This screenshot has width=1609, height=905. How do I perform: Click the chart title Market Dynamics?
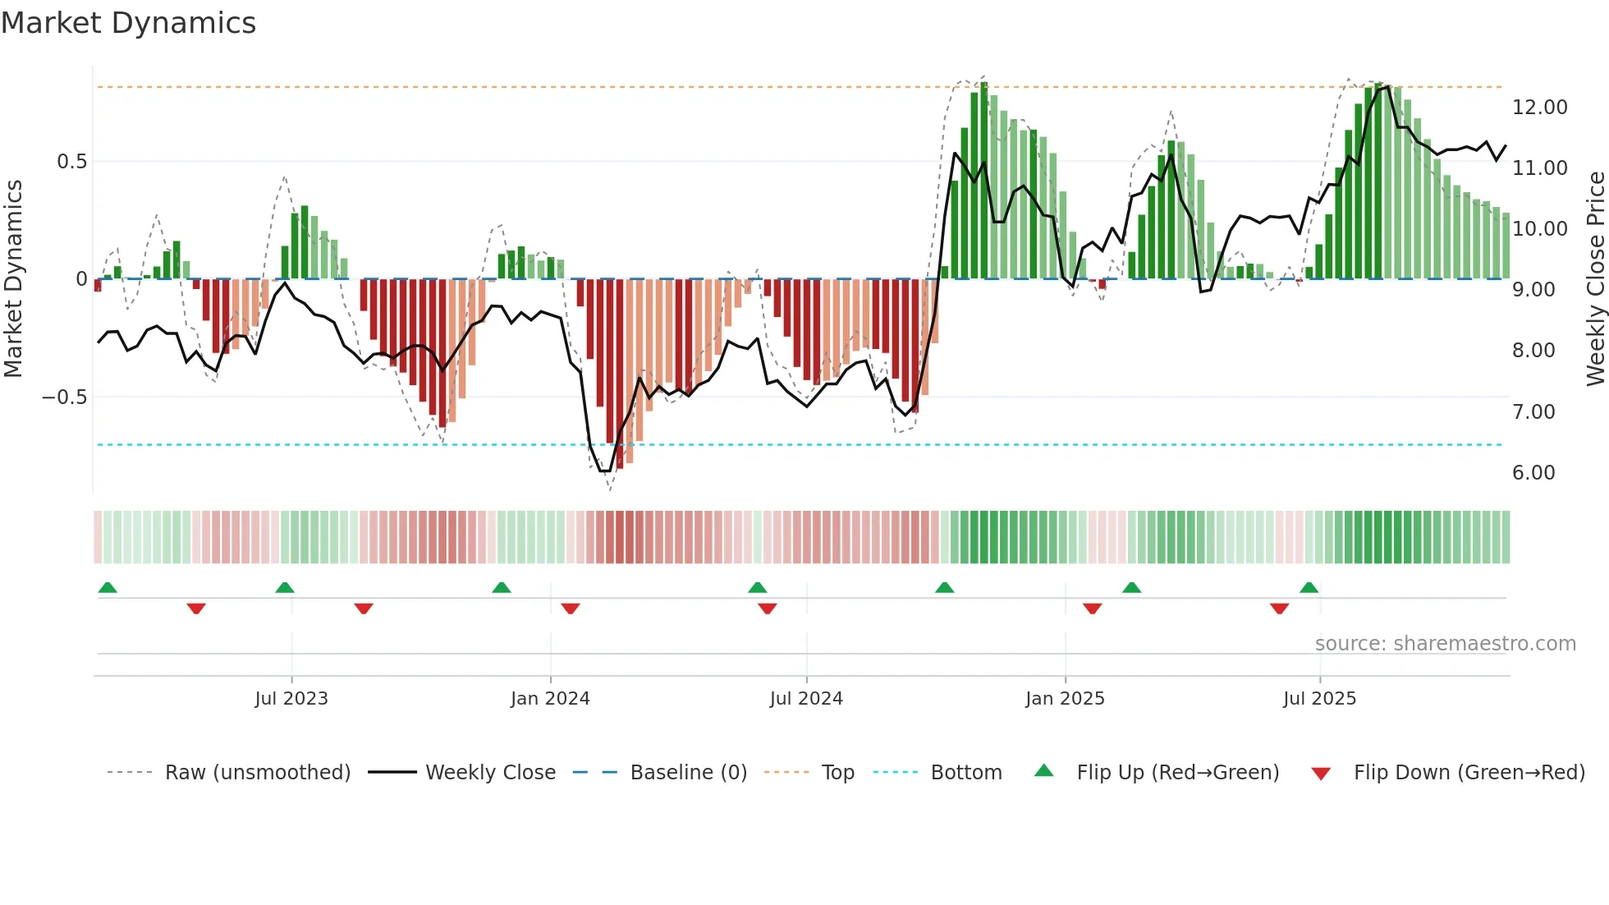(128, 23)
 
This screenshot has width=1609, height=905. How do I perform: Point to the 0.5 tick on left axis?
(71, 162)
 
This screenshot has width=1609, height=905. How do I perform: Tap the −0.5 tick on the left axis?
(64, 397)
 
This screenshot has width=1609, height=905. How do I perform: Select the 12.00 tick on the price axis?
(1539, 108)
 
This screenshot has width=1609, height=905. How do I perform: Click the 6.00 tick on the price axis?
(1533, 473)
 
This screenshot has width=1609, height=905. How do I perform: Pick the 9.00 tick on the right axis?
(1533, 290)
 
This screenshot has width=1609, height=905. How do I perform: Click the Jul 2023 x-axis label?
(291, 699)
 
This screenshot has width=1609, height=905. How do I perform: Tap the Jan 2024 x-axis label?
(550, 699)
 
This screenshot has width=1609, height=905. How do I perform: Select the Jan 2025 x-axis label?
(1065, 699)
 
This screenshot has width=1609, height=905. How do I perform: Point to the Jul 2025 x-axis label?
(1319, 699)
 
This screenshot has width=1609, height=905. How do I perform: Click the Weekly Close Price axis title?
(1595, 279)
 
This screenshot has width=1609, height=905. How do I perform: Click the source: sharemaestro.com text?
(1445, 644)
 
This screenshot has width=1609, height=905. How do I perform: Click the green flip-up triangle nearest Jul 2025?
(1309, 588)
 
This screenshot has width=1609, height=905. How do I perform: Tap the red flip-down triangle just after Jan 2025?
(1092, 609)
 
